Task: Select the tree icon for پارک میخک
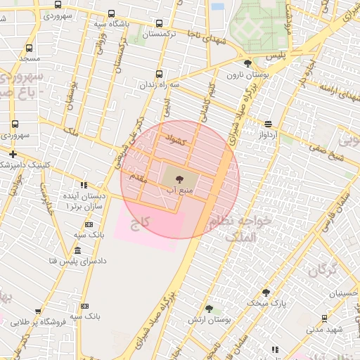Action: click(266, 292)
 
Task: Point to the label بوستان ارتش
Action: click(209, 320)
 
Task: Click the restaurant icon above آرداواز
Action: click(268, 123)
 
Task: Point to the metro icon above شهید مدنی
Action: click(324, 318)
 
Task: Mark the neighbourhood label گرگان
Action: click(323, 268)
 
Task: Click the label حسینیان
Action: click(334, 293)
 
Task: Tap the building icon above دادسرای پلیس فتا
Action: click(77, 250)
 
